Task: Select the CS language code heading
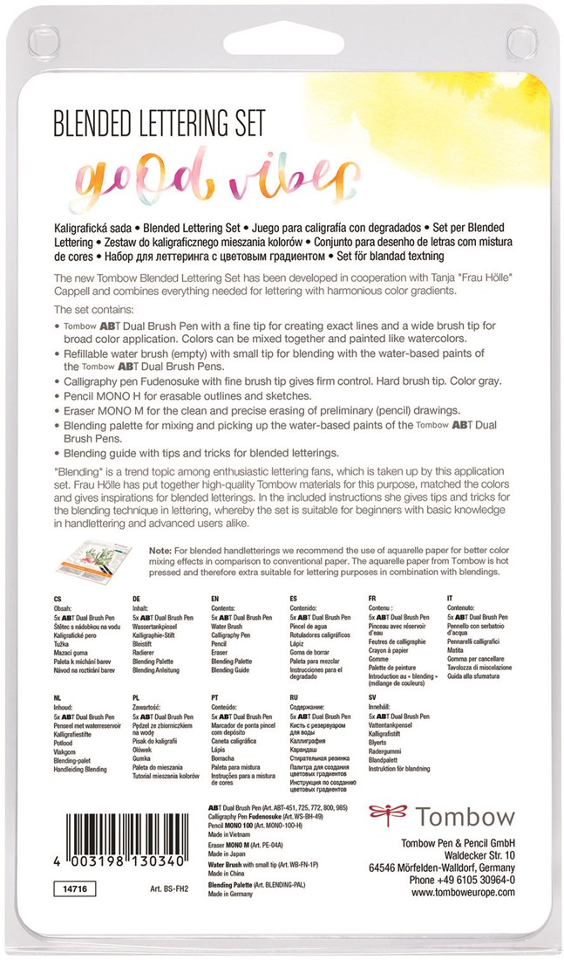[58, 600]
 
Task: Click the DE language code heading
[137, 600]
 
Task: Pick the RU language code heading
[294, 699]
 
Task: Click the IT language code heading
[452, 600]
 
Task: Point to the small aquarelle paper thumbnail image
[93, 565]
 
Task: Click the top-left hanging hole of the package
[39, 35]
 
